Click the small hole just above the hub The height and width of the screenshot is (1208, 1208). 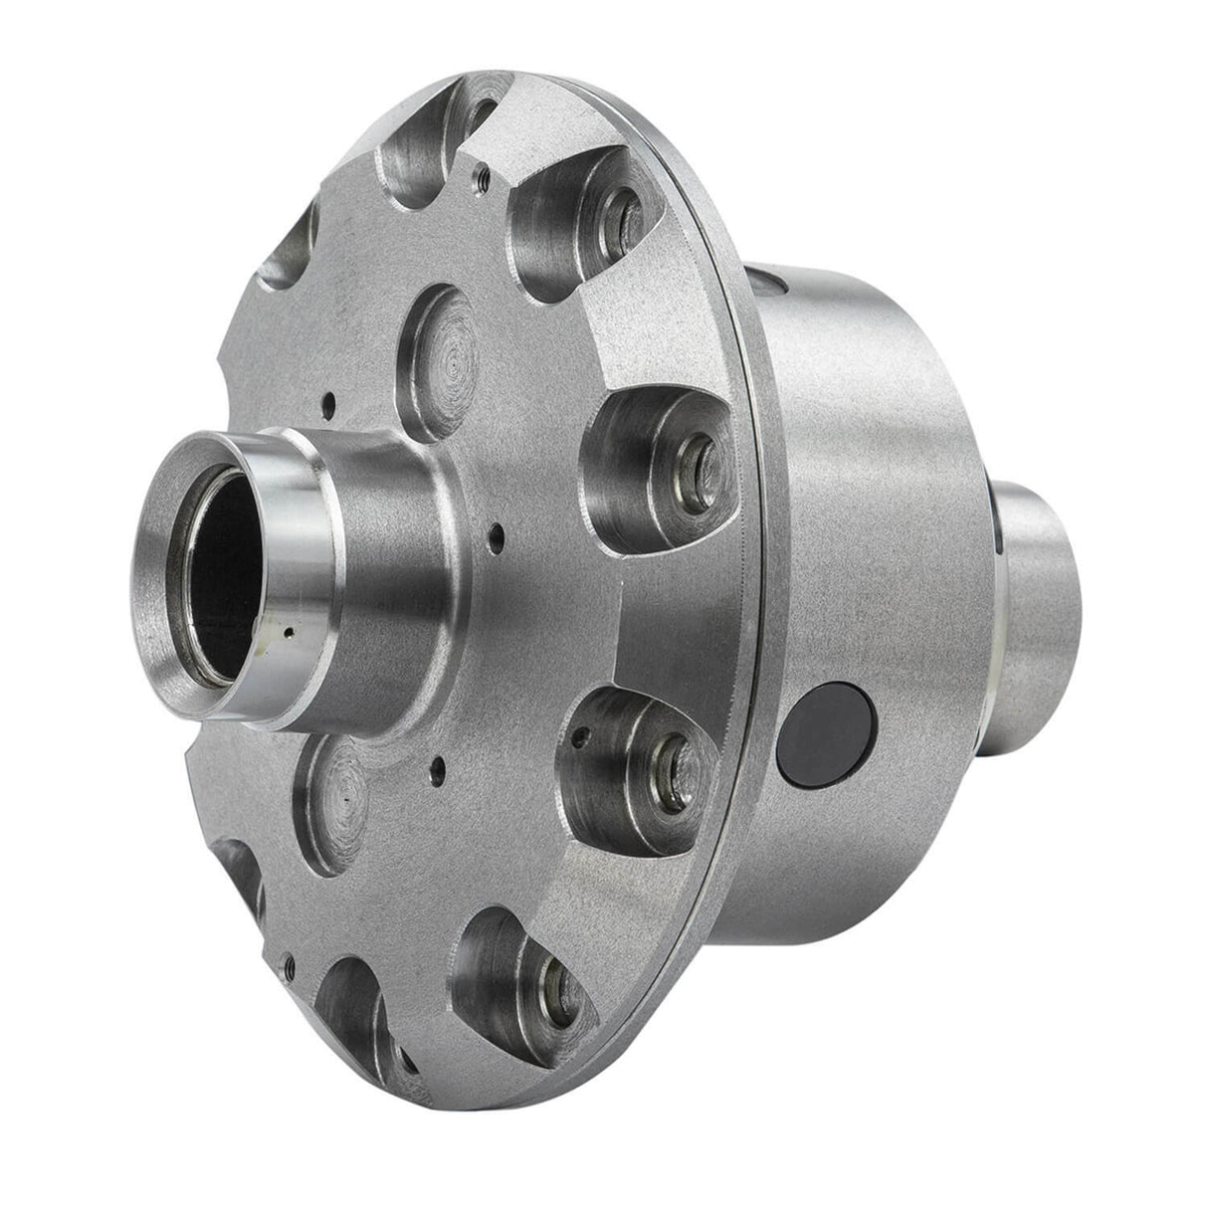coord(328,404)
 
